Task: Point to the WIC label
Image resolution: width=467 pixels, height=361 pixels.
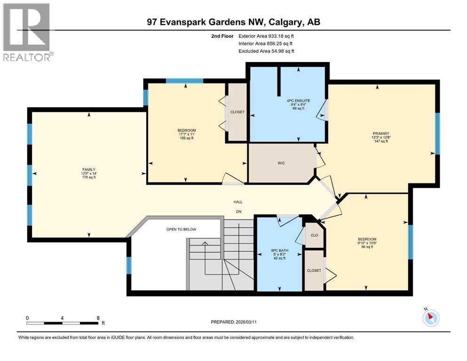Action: click(x=281, y=163)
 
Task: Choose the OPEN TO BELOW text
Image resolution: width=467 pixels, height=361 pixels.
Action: click(x=181, y=229)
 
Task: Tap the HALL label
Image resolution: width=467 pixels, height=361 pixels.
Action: click(x=238, y=202)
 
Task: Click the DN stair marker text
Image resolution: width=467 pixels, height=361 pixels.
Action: click(x=238, y=212)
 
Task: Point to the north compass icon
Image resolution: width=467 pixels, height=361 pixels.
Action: click(x=431, y=318)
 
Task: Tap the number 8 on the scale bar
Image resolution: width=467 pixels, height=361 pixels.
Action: click(x=98, y=318)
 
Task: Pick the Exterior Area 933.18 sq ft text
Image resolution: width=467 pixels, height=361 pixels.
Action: click(x=268, y=36)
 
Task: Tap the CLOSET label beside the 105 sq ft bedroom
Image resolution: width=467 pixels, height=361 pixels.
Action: click(x=237, y=112)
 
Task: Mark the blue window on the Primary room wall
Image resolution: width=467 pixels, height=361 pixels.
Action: click(x=437, y=133)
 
